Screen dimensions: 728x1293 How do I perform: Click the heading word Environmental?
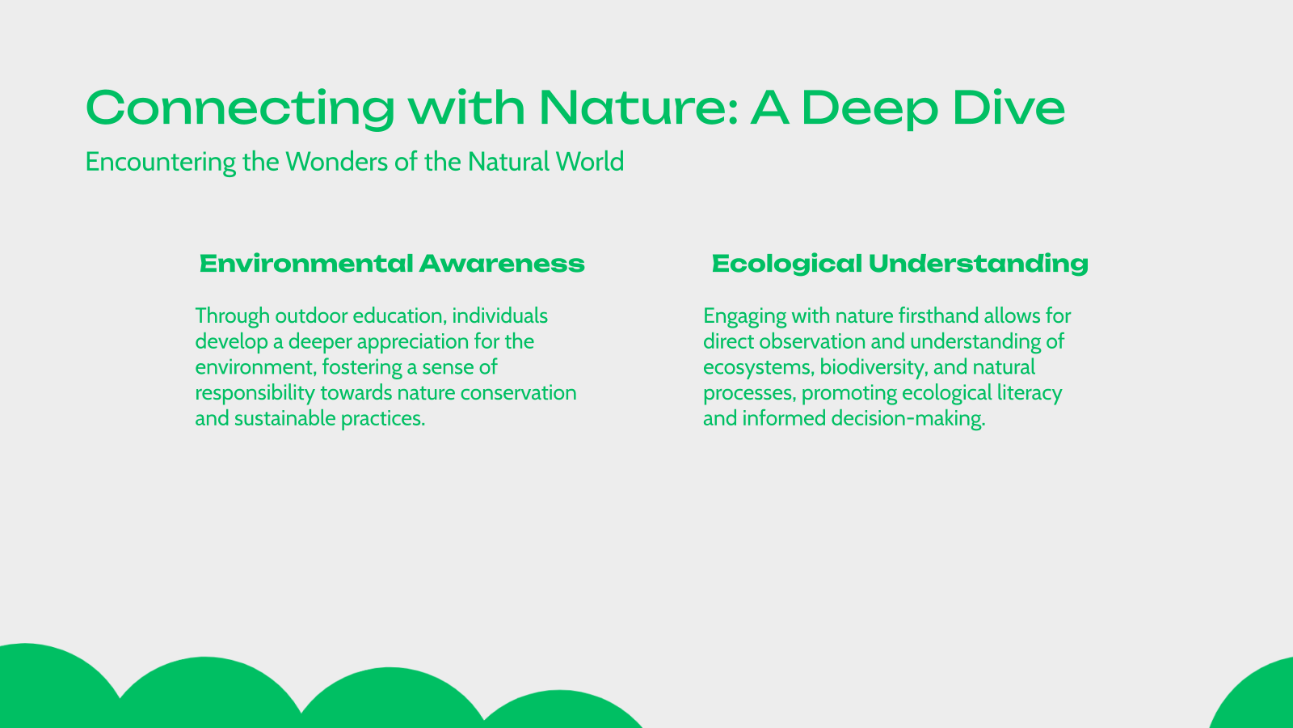tap(306, 264)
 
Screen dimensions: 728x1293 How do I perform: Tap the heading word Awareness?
tap(502, 264)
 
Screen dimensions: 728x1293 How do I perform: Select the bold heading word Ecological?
tap(786, 264)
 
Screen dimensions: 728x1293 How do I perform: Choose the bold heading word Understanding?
tap(979, 264)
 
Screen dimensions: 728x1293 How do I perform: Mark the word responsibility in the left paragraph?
tap(255, 393)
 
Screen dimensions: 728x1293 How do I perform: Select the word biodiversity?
tap(873, 367)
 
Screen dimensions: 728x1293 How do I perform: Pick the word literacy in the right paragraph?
tap(1030, 393)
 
